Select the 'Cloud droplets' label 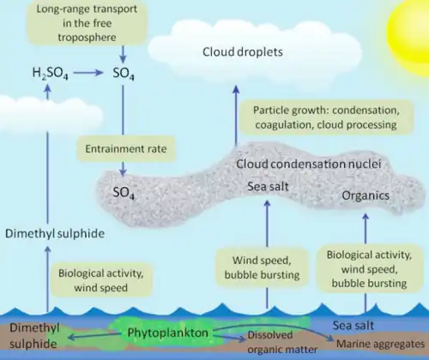(243, 52)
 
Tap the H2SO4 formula (50, 73)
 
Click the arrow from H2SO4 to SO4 (88, 73)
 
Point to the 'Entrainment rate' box (126, 149)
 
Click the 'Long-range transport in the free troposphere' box (87, 23)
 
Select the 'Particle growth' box (326, 117)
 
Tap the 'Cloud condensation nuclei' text (308, 164)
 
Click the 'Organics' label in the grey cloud (366, 195)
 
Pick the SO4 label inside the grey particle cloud (124, 193)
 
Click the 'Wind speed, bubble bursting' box (262, 267)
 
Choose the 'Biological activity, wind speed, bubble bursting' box (369, 269)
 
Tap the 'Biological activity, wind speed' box (100, 280)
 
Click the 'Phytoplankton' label (168, 333)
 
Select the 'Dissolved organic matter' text (282, 342)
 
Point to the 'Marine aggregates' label (380, 344)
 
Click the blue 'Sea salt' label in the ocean (353, 326)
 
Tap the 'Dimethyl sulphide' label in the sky (55, 234)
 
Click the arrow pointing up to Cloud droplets (236, 116)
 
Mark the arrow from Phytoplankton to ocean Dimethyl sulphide (94, 336)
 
